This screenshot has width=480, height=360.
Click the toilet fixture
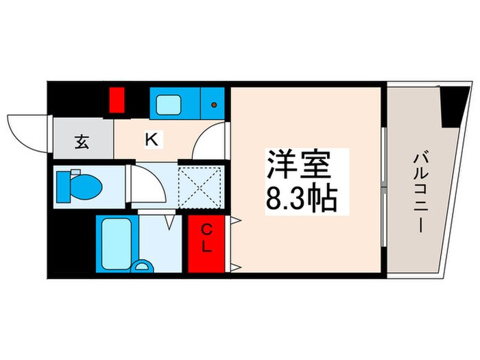80,185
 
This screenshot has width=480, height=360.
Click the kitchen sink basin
167,105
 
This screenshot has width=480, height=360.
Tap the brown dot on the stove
215,105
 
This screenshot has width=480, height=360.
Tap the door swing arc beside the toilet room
147,185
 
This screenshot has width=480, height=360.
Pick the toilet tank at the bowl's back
60,185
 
